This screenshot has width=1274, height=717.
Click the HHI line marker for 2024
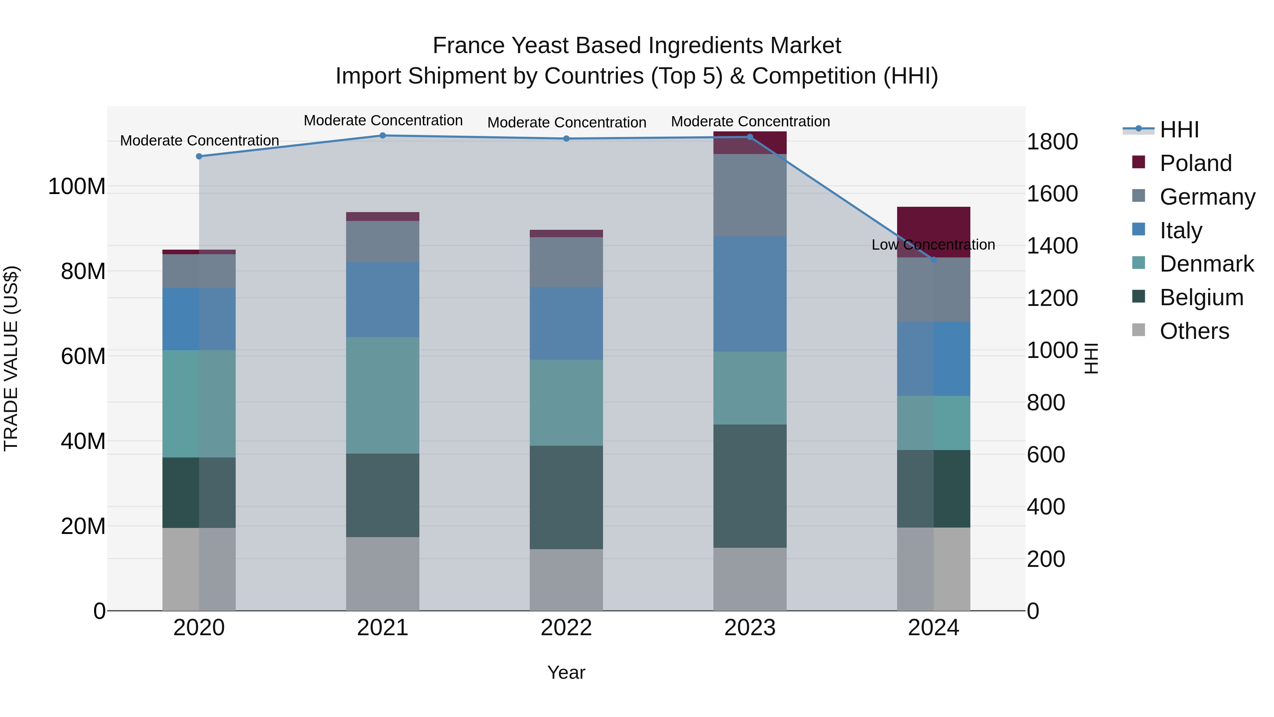(933, 260)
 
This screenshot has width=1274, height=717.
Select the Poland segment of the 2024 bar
(933, 228)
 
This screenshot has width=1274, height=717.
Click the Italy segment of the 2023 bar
(750, 294)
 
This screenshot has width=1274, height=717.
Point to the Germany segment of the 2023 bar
(750, 195)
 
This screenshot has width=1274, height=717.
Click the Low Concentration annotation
(933, 244)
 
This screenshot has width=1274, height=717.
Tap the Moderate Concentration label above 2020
(199, 141)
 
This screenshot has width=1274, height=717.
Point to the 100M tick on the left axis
(77, 187)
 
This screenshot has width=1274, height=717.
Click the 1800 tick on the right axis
(1052, 142)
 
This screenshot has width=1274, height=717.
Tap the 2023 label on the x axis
(750, 628)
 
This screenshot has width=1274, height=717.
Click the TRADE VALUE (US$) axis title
(11, 358)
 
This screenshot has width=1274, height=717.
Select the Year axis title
(566, 672)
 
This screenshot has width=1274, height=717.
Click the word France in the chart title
(468, 46)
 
